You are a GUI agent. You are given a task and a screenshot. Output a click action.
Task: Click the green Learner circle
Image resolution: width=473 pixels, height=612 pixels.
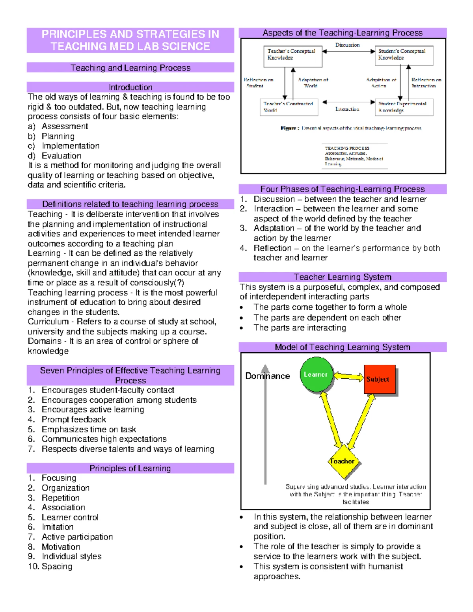(x=316, y=374)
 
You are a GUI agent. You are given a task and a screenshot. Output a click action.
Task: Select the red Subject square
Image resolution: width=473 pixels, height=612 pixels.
(x=379, y=379)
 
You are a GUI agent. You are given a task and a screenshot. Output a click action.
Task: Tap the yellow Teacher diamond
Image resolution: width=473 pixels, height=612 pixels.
(x=342, y=461)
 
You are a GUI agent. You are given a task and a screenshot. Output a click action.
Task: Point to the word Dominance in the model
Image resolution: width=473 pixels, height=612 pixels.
(x=267, y=376)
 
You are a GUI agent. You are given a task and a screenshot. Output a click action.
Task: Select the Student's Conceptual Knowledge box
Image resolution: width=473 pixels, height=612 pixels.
(x=404, y=55)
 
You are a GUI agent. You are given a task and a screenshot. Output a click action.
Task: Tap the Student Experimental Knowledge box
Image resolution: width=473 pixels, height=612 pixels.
(x=404, y=107)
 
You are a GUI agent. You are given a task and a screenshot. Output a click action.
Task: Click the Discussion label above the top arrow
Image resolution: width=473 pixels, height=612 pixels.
(x=347, y=45)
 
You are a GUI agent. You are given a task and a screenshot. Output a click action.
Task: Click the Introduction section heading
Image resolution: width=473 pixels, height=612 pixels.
(x=130, y=87)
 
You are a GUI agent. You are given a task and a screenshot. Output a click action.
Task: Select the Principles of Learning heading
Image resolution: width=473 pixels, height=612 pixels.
(x=130, y=468)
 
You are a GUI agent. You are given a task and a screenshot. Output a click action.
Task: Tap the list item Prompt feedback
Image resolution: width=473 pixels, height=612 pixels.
(x=74, y=419)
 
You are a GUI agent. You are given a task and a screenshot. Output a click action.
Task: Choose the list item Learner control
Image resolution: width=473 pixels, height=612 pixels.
(x=70, y=517)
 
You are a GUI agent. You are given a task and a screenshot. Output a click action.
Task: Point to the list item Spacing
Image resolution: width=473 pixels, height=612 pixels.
(x=57, y=566)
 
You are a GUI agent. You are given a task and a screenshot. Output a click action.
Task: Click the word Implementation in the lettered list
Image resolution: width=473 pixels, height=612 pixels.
(x=71, y=146)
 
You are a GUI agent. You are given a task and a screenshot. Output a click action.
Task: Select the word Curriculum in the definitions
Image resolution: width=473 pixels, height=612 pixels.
(x=48, y=322)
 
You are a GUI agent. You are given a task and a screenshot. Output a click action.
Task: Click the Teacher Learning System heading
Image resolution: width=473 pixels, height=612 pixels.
(x=342, y=277)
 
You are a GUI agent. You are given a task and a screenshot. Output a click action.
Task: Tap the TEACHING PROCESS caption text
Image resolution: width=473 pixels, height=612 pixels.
(x=347, y=148)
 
